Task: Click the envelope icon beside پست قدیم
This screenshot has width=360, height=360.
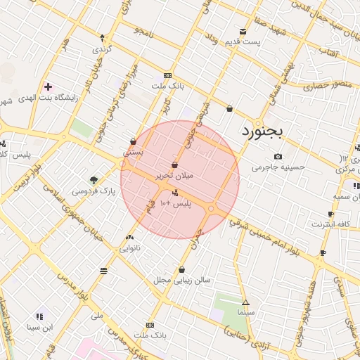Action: click(x=243, y=32)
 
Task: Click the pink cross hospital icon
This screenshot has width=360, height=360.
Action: click(x=47, y=87)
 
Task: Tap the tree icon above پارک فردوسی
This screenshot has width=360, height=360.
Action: click(x=94, y=180)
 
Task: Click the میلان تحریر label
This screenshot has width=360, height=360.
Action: click(x=174, y=177)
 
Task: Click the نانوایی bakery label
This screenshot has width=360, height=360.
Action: click(x=131, y=248)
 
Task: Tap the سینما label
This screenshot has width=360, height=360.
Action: click(x=245, y=311)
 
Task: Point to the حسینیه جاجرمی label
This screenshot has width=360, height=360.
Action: click(x=278, y=167)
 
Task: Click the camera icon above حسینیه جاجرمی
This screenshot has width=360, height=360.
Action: click(x=278, y=156)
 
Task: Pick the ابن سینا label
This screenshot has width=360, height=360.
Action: click(x=40, y=327)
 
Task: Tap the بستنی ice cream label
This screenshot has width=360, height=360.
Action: click(x=134, y=151)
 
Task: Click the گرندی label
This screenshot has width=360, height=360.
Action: click(x=103, y=51)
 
